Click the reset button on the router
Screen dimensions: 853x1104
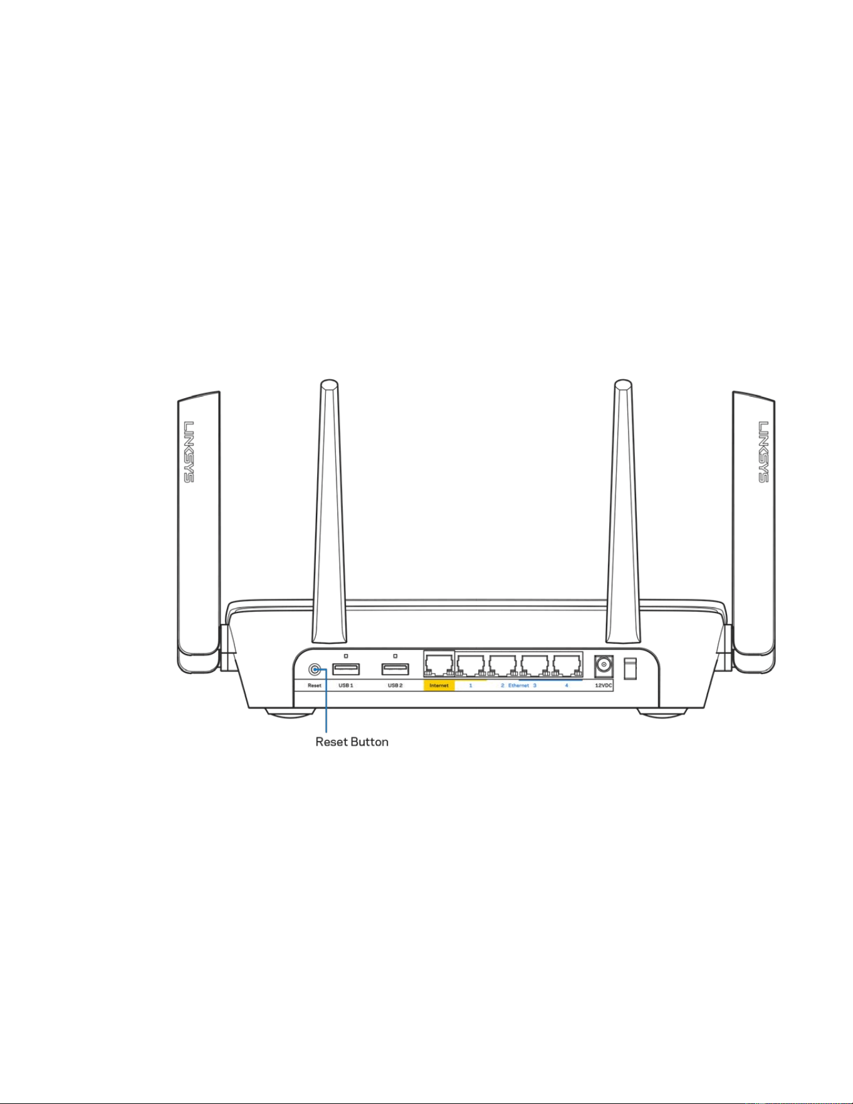point(315,669)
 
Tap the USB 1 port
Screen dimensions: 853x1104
point(346,669)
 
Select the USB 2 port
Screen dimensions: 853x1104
point(395,669)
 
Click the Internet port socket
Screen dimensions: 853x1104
point(439,665)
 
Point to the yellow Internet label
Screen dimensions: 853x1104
point(439,686)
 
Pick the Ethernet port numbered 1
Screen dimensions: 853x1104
point(471,665)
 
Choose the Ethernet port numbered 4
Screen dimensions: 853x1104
point(567,665)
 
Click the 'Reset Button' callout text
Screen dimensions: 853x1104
point(352,742)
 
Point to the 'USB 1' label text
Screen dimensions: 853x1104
point(346,686)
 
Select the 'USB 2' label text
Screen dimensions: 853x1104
point(395,686)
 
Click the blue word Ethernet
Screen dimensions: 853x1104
point(518,686)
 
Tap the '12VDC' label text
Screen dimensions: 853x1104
point(604,686)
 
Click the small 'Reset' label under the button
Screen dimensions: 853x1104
point(315,686)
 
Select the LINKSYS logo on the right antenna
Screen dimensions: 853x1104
point(763,451)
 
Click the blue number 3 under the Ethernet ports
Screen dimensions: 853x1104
point(535,686)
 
